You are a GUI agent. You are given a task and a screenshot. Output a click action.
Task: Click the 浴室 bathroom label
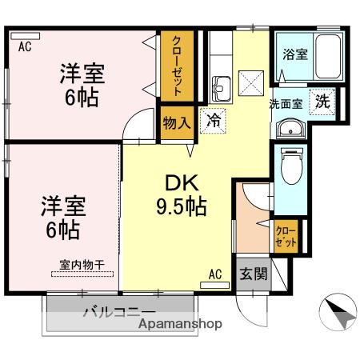pos(295,54)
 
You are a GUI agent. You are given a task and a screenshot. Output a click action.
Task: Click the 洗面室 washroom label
pos(284,103)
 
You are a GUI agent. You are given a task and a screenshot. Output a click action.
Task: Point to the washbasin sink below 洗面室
pos(289,128)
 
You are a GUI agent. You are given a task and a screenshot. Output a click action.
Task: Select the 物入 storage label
pos(176,122)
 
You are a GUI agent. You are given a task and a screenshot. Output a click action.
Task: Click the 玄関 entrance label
pos(251,274)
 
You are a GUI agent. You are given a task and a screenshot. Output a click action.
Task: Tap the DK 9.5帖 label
pos(181,195)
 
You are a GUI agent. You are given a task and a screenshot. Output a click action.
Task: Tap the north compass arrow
pos(340,313)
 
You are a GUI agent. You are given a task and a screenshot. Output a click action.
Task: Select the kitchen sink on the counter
pos(221,86)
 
